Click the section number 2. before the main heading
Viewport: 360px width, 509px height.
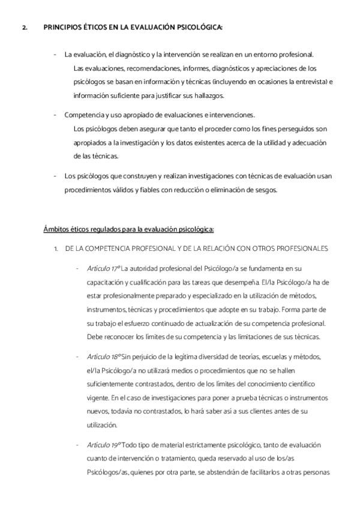coord(25,27)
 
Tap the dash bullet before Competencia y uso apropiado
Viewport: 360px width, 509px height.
coord(55,115)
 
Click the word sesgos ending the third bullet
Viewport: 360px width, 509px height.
coord(279,190)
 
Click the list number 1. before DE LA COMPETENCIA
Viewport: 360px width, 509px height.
coord(56,248)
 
